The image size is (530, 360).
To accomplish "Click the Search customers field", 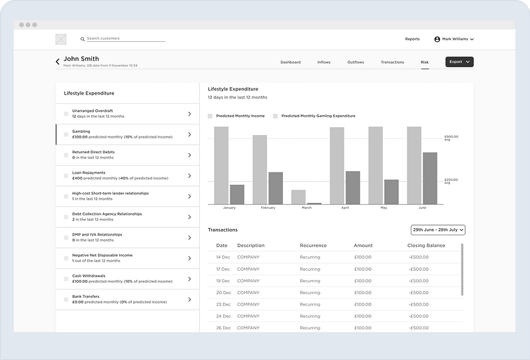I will pyautogui.click(x=125, y=39).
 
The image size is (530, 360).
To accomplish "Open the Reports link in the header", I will pyautogui.click(x=412, y=39).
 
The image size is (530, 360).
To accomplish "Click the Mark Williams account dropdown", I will pyautogui.click(x=454, y=39).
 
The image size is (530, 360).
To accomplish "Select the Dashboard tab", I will pyautogui.click(x=290, y=62).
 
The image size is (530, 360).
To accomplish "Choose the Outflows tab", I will pyautogui.click(x=356, y=62).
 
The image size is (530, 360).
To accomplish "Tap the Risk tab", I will pyautogui.click(x=425, y=62).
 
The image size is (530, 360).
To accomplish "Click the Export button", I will pyautogui.click(x=459, y=62).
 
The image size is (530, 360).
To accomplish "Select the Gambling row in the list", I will pyautogui.click(x=127, y=134).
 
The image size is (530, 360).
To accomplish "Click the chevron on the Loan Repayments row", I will pyautogui.click(x=189, y=176).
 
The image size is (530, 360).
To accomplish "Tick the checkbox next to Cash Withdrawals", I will pyautogui.click(x=66, y=279).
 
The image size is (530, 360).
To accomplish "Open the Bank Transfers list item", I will pyautogui.click(x=127, y=299).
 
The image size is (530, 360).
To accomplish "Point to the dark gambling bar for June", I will pyautogui.click(x=430, y=178).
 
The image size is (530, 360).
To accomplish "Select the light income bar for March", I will pyautogui.click(x=298, y=197).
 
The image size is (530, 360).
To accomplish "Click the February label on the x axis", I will pyautogui.click(x=268, y=208).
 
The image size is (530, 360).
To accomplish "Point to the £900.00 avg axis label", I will pyautogui.click(x=451, y=138).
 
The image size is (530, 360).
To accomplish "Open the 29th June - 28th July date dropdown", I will pyautogui.click(x=438, y=230).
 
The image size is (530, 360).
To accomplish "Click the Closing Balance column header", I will pyautogui.click(x=426, y=246).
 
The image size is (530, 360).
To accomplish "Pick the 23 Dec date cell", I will pyautogui.click(x=223, y=304).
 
